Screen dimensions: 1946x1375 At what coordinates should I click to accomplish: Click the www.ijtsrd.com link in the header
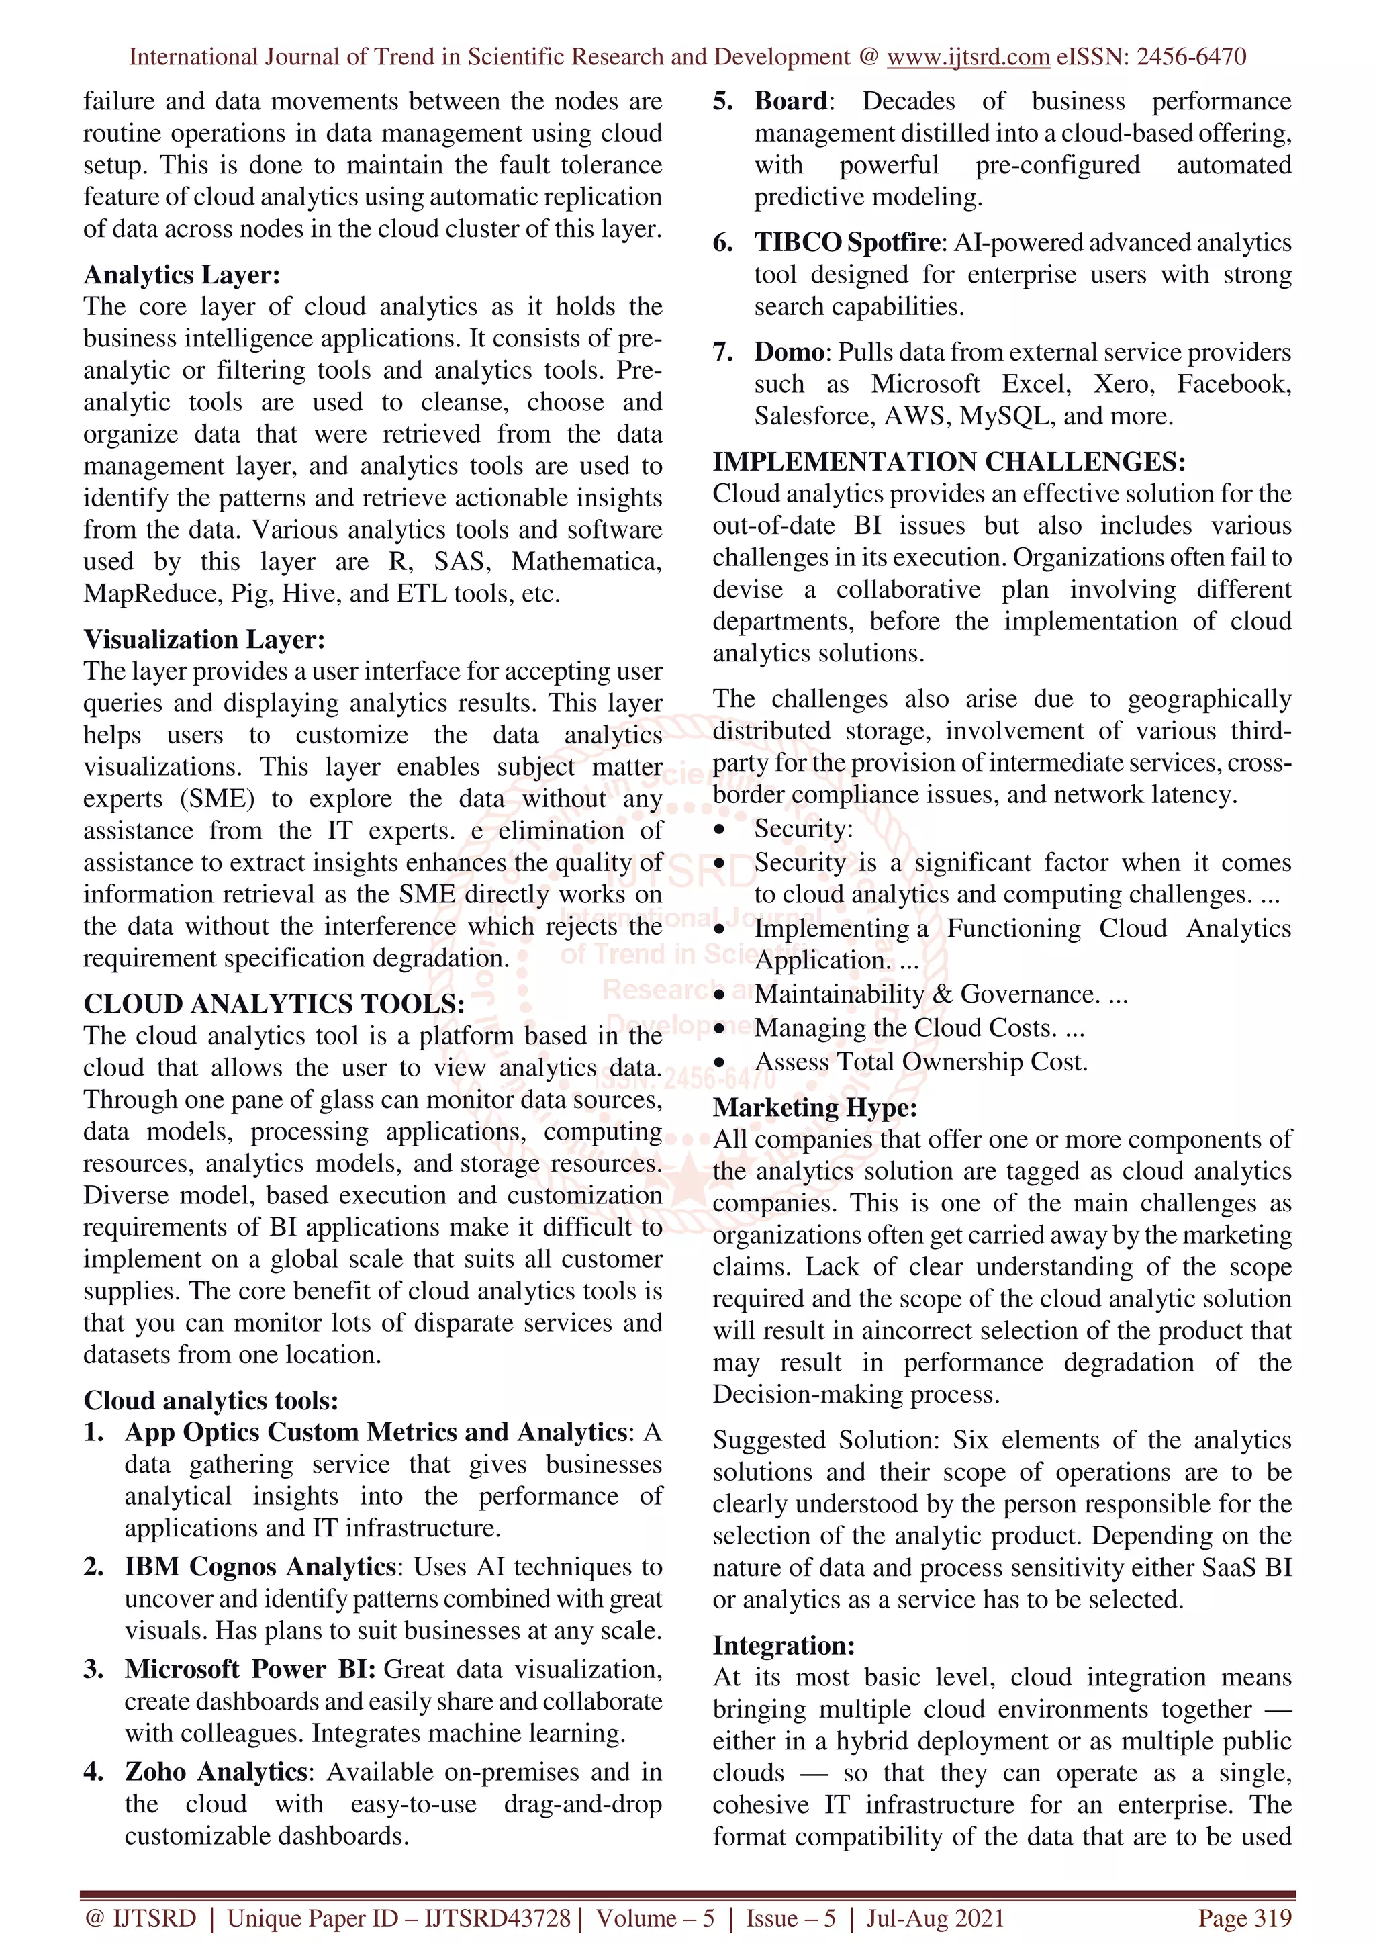(967, 57)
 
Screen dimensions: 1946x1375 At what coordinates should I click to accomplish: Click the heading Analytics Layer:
(181, 275)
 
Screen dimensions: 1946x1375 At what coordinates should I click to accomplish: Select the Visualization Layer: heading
(203, 639)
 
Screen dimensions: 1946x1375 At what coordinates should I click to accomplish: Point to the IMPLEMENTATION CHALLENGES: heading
(948, 462)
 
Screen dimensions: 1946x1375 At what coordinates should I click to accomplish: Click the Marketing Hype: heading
(814, 1108)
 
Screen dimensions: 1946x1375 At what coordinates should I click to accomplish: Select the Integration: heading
(784, 1645)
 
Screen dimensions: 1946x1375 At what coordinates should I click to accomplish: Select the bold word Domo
(789, 352)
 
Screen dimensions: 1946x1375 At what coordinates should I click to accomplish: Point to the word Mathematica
(585, 562)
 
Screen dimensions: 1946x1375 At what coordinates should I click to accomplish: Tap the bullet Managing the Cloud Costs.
(918, 1028)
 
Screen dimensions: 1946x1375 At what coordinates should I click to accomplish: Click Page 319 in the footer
(1243, 1918)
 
